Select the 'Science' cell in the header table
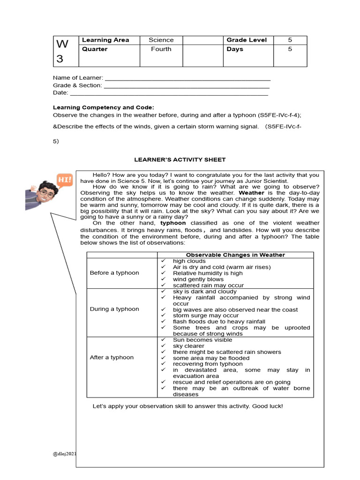[x=161, y=40]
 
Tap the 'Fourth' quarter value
[x=161, y=49]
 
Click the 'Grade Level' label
[x=247, y=40]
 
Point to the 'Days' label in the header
[x=235, y=49]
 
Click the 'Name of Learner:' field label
[x=78, y=77]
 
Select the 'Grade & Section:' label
[x=77, y=85]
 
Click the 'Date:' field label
[x=60, y=93]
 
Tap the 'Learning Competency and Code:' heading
[x=103, y=107]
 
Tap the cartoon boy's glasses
[x=46, y=193]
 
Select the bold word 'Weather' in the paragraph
[x=251, y=193]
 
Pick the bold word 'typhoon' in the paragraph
[x=173, y=223]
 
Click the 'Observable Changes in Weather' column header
[x=235, y=255]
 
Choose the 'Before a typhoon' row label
[x=114, y=273]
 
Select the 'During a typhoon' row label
[x=114, y=309]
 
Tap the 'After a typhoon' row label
[x=112, y=358]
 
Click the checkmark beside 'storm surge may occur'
[x=163, y=316]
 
